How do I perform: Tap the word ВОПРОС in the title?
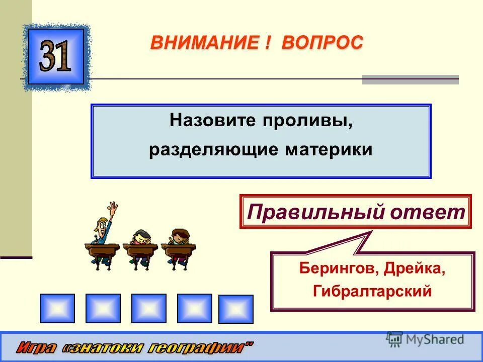tap(322, 43)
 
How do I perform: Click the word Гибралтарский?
tap(372, 291)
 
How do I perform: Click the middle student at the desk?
tap(141, 240)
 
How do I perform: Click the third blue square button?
tap(148, 308)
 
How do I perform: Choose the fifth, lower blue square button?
tap(235, 309)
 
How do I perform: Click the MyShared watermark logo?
tap(426, 339)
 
